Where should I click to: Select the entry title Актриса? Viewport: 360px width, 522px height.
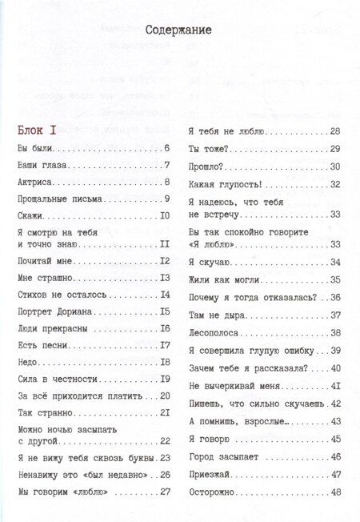[x=36, y=183]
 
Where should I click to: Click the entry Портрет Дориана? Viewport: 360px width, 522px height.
[x=53, y=311]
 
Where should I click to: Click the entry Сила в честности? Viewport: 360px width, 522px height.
[x=50, y=378]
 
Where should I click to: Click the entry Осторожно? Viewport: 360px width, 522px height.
[x=210, y=492]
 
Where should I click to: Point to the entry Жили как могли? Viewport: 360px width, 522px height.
[x=218, y=279]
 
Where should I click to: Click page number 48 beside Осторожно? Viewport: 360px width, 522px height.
[x=336, y=492]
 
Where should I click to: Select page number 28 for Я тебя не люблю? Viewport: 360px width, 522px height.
[x=336, y=130]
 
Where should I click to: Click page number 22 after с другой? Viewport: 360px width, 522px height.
[x=166, y=440]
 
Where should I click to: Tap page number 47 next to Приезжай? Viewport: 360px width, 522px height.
[x=336, y=474]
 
